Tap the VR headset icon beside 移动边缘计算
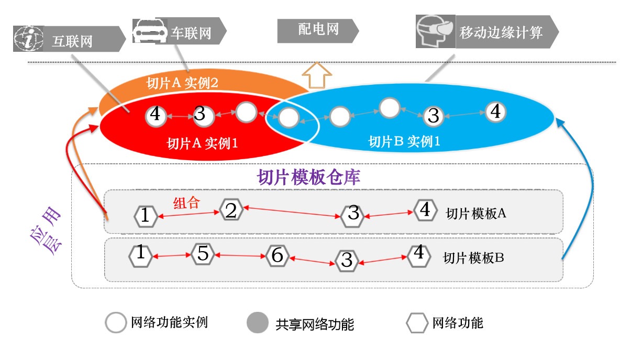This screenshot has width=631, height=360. coord(434,31)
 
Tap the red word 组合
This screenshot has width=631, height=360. coord(186,203)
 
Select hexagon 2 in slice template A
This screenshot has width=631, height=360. coord(231,210)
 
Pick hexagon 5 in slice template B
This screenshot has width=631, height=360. coord(202,254)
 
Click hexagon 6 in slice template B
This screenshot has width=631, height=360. coord(278,255)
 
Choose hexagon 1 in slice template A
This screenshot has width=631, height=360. coord(146,216)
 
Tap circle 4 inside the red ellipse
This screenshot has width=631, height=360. coord(156,116)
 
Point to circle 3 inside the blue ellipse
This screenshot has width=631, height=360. coord(433,116)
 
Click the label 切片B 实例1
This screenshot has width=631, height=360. coord(404,141)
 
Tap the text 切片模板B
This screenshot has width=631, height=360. coord(473,257)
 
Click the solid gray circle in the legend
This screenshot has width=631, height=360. coord(258,322)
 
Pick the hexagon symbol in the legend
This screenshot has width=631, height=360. coord(417,323)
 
